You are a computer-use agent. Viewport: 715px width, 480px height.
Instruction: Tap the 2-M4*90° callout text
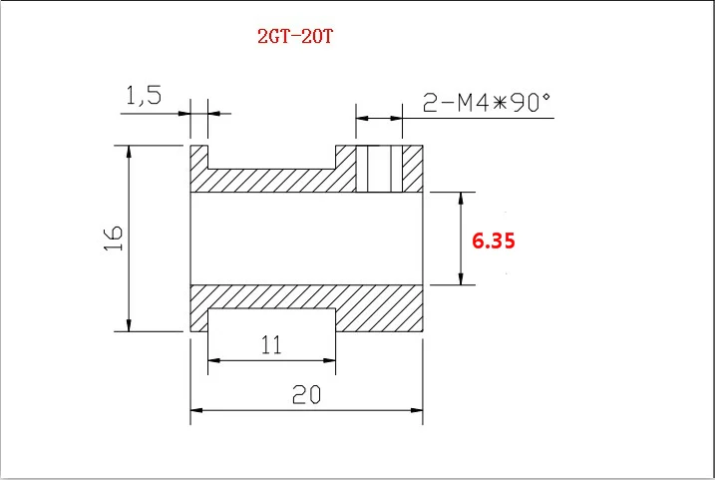click(487, 102)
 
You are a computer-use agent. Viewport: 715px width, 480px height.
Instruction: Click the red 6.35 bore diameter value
click(493, 240)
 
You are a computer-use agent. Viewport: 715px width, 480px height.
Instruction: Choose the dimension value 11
click(270, 345)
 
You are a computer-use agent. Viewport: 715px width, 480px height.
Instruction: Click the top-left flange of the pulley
click(198, 157)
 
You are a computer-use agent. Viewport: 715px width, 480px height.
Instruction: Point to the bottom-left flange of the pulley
click(198, 319)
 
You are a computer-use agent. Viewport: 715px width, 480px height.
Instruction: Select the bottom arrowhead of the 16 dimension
click(129, 324)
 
